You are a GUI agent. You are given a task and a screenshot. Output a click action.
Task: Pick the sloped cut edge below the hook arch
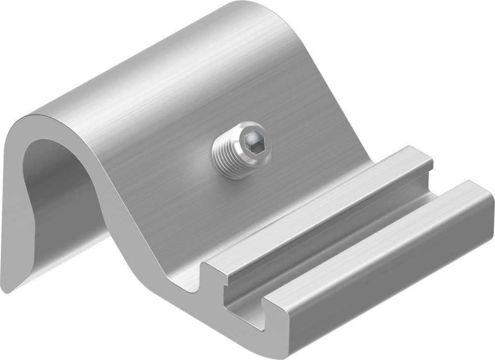point(124,208)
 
